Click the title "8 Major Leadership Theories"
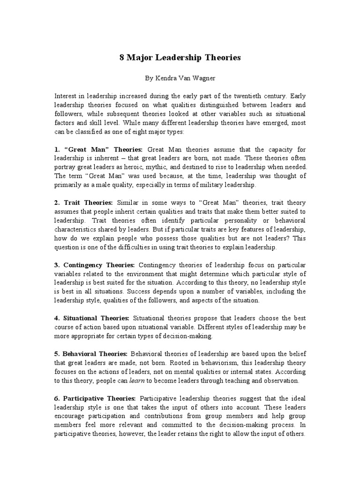(x=180, y=58)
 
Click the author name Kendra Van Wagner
(x=180, y=78)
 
